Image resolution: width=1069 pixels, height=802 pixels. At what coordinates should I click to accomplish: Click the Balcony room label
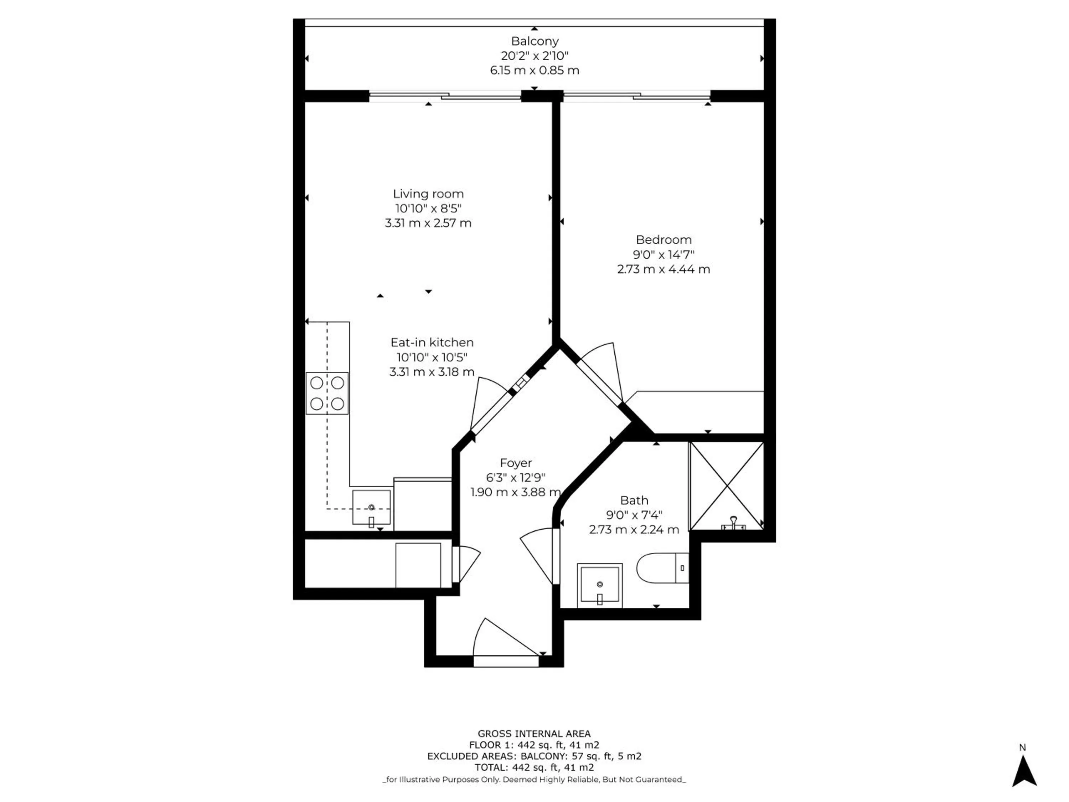point(534,41)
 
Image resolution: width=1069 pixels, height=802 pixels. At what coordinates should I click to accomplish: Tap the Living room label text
point(428,194)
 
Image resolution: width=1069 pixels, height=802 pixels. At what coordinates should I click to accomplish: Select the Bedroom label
point(663,240)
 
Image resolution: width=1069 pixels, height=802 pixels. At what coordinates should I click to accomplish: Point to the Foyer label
point(516,463)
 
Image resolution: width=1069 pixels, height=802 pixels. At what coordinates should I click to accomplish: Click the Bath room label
point(634,500)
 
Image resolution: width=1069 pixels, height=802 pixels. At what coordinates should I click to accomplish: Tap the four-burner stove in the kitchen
point(327,393)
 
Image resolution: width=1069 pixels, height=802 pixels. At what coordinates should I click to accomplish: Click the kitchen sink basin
point(371,508)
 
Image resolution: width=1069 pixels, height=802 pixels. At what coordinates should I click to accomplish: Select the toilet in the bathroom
point(662,569)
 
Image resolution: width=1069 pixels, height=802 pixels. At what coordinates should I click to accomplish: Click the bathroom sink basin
point(600,585)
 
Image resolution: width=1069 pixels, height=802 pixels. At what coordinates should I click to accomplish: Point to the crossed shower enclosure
point(726,485)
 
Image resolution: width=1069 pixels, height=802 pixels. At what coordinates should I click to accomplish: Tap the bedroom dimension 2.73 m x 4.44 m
point(663,269)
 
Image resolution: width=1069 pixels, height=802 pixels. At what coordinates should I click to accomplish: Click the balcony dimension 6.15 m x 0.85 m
point(534,71)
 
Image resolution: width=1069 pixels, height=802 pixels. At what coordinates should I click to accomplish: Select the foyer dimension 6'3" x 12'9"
point(516,478)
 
